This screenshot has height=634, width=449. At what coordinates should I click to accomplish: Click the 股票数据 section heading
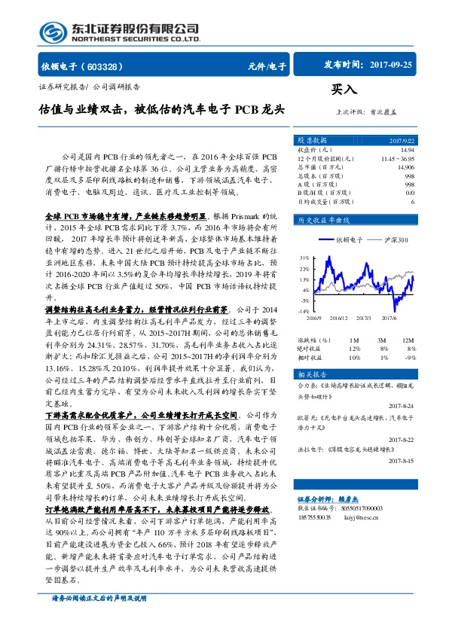point(312,140)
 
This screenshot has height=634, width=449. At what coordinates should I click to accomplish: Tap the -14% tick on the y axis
point(302,310)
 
